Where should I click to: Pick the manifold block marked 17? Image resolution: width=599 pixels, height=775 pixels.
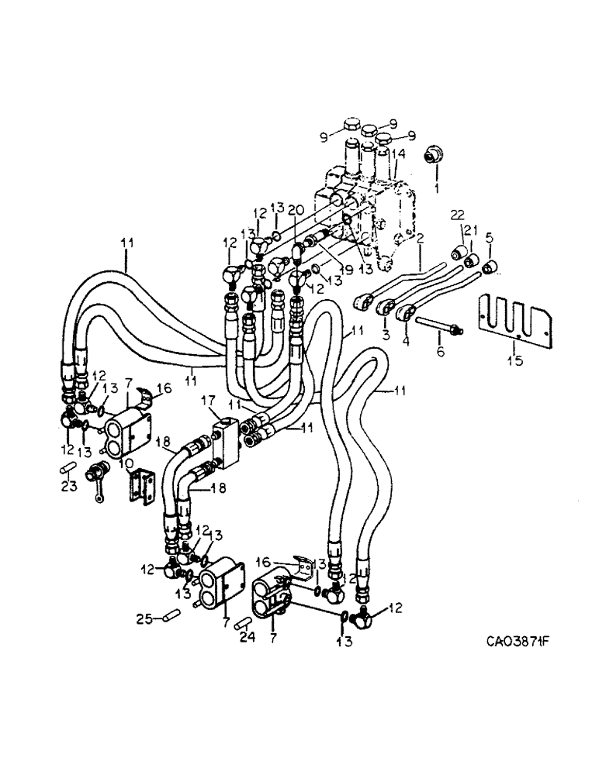230,438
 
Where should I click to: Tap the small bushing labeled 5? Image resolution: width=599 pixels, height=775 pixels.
490,269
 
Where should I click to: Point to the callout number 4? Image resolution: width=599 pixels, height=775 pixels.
408,339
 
